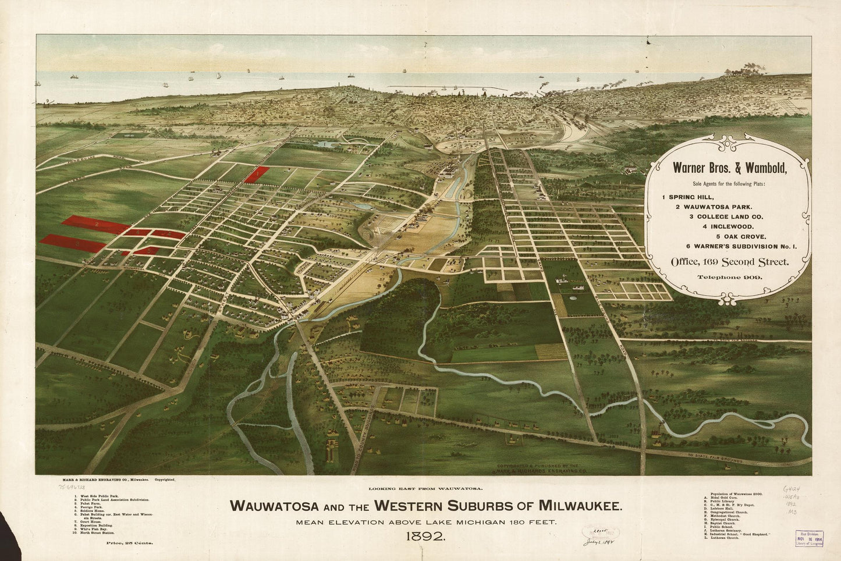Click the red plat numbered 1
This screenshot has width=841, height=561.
(x=256, y=174)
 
